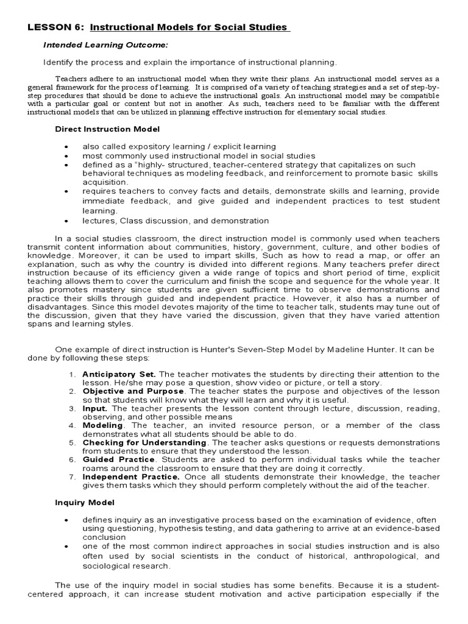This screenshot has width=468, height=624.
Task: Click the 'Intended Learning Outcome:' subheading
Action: [x=105, y=45]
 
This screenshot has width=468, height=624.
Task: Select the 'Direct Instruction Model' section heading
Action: [x=107, y=129]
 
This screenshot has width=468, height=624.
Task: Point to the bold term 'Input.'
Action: [x=95, y=408]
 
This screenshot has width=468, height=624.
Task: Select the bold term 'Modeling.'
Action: [x=104, y=425]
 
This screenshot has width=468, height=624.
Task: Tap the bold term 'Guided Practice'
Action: [x=119, y=459]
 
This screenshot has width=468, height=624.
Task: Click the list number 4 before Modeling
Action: [x=71, y=425]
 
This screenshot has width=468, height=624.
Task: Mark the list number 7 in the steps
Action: [x=71, y=477]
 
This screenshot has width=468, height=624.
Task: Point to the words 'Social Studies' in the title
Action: [x=256, y=27]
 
